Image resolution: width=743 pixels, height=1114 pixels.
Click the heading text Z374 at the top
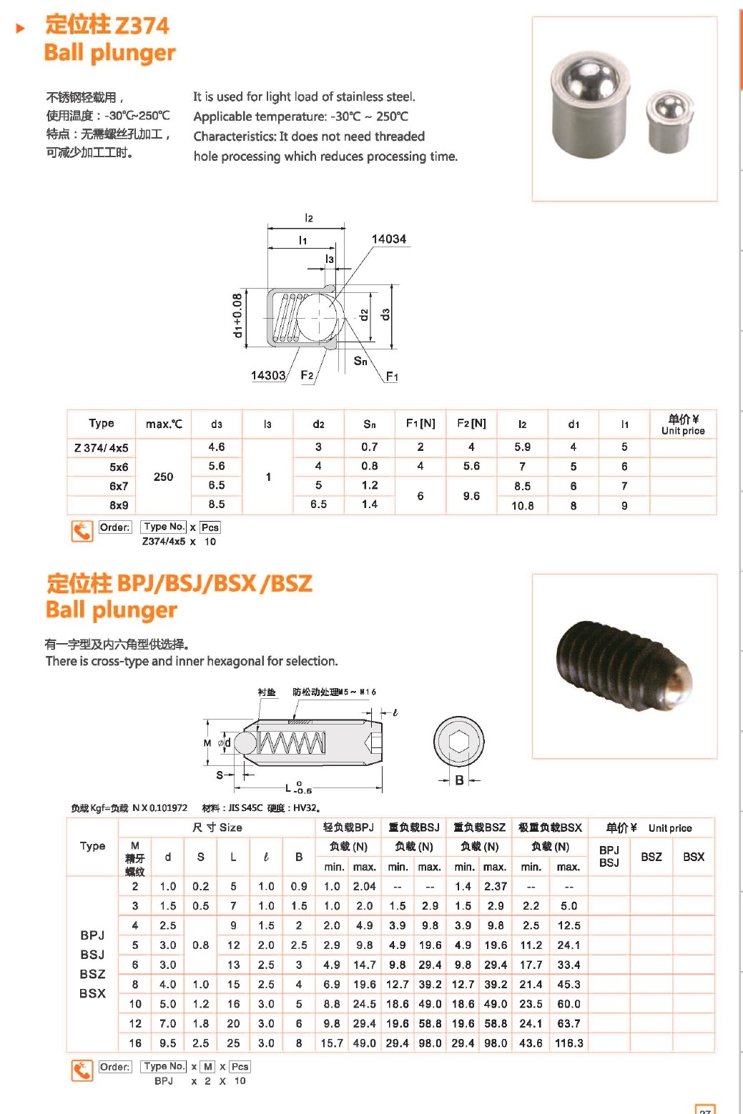(x=142, y=25)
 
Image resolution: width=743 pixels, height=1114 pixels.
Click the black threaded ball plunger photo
(x=623, y=665)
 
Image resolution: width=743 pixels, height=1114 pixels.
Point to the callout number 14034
(x=388, y=239)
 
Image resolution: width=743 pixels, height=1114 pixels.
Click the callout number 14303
(x=268, y=375)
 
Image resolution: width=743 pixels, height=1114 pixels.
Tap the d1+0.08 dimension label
(x=237, y=315)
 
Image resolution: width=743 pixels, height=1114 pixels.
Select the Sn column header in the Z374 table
(x=369, y=424)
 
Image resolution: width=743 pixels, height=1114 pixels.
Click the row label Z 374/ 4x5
(x=102, y=447)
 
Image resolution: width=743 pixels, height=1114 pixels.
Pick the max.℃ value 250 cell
(x=163, y=477)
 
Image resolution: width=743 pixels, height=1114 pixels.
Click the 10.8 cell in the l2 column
(x=522, y=505)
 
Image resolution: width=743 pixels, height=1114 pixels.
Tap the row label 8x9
(x=119, y=505)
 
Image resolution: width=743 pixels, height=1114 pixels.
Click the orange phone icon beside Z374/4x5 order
(x=82, y=531)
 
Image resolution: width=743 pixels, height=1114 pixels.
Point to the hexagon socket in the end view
(x=459, y=742)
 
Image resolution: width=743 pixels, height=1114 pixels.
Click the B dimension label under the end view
(x=459, y=780)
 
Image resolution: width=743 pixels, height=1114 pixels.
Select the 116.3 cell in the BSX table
(x=569, y=1043)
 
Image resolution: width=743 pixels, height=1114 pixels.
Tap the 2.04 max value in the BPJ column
(x=364, y=886)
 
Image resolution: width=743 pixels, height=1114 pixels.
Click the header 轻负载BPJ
(x=348, y=827)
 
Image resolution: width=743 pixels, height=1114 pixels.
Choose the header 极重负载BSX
(x=550, y=827)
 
